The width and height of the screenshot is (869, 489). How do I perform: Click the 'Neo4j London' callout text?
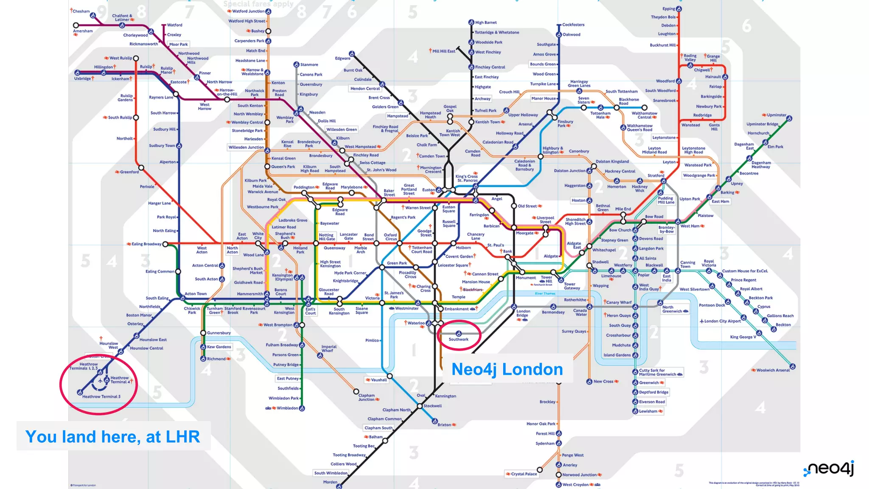[507, 369]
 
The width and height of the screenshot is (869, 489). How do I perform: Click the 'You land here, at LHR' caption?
[113, 436]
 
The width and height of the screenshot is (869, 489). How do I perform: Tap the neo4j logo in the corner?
[829, 469]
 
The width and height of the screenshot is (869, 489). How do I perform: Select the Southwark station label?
[459, 339]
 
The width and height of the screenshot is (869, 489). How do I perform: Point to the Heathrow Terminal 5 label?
[101, 396]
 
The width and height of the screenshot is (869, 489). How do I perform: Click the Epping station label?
[669, 9]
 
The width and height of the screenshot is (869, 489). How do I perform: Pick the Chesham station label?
[81, 11]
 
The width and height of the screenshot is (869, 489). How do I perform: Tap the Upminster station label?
[776, 115]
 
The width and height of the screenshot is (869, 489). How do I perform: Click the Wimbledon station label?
[287, 408]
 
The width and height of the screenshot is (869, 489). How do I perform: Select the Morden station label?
[330, 482]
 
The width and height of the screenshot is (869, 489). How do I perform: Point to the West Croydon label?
[575, 484]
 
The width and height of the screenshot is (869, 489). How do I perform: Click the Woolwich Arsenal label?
[773, 370]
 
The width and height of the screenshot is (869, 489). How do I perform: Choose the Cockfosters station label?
[573, 25]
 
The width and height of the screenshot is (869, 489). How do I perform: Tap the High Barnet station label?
[486, 22]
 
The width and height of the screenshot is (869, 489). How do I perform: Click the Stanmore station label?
[309, 65]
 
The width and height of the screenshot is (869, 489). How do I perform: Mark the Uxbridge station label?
[83, 79]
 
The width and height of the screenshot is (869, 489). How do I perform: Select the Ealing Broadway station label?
[146, 244]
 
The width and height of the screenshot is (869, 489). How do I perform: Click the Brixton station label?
[444, 424]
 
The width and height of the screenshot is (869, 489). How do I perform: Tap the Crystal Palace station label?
[524, 474]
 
